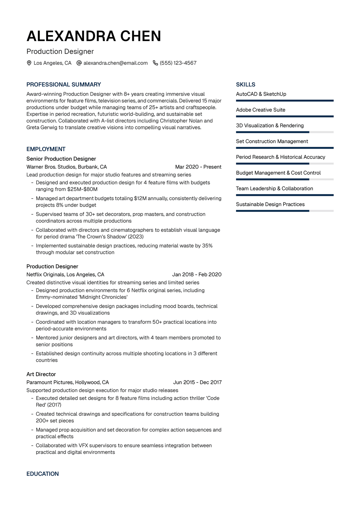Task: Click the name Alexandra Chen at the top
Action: click(94, 36)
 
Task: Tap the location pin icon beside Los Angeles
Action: click(29, 63)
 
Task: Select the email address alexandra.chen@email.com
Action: click(115, 63)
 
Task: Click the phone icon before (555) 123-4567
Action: click(155, 63)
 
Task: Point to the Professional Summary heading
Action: click(64, 85)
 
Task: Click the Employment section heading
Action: click(46, 149)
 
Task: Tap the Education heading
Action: click(43, 474)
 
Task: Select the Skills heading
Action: click(246, 85)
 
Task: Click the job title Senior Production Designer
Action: click(61, 159)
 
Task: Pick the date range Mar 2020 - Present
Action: click(198, 167)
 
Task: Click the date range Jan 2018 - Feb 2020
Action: click(197, 274)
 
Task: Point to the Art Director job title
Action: click(41, 374)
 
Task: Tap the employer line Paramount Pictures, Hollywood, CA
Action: click(67, 382)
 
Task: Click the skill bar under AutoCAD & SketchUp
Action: click(285, 101)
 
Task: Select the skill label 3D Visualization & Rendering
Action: click(270, 125)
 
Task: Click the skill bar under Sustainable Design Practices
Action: click(285, 211)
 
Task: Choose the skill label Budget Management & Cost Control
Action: click(278, 173)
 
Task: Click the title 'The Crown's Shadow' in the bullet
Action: click(101, 237)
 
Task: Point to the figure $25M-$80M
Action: click(82, 189)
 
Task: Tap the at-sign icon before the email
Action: click(79, 63)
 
